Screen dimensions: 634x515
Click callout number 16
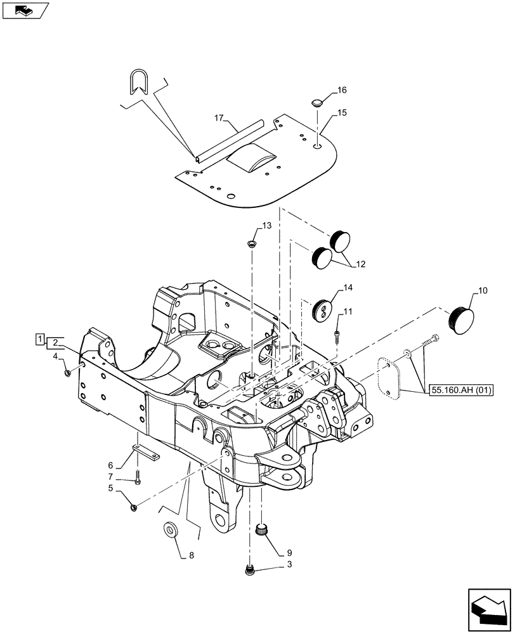[x=342, y=90]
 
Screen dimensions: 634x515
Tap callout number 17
[x=219, y=118]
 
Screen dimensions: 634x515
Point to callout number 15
[x=342, y=113]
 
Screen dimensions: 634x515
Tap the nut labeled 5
[x=133, y=506]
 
